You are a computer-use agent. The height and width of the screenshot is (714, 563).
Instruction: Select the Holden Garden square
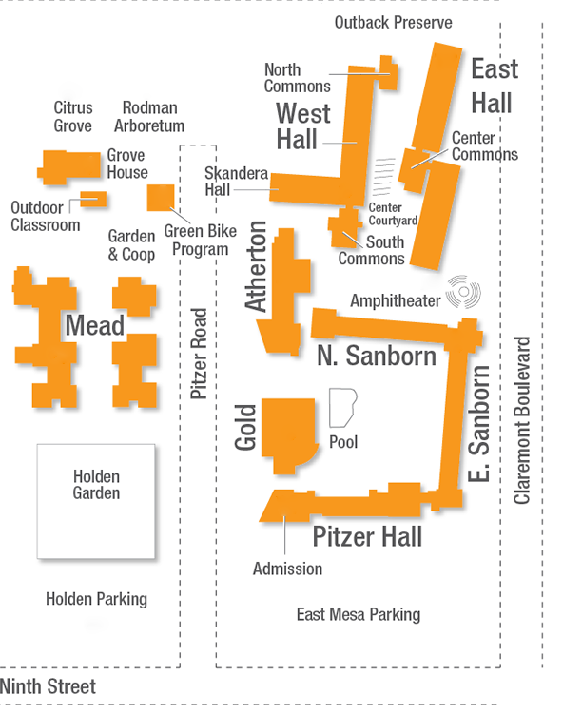click(95, 501)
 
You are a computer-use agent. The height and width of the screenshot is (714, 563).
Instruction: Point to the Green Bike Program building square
click(160, 198)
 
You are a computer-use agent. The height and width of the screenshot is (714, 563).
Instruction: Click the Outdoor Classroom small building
click(92, 199)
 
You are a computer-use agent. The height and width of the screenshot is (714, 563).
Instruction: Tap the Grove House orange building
click(69, 166)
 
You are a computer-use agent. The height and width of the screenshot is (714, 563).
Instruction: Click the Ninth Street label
click(48, 685)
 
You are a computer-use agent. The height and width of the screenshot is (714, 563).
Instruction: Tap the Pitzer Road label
click(199, 354)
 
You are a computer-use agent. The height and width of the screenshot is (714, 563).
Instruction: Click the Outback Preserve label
click(393, 22)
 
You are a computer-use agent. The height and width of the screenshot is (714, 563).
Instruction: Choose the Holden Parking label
click(96, 598)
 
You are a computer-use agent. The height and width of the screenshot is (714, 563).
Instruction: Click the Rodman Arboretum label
click(149, 117)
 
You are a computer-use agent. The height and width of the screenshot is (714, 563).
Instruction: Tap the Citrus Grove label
click(73, 117)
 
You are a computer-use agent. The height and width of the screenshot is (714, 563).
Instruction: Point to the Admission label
click(287, 569)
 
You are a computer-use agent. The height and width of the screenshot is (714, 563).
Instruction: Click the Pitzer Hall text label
click(367, 537)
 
